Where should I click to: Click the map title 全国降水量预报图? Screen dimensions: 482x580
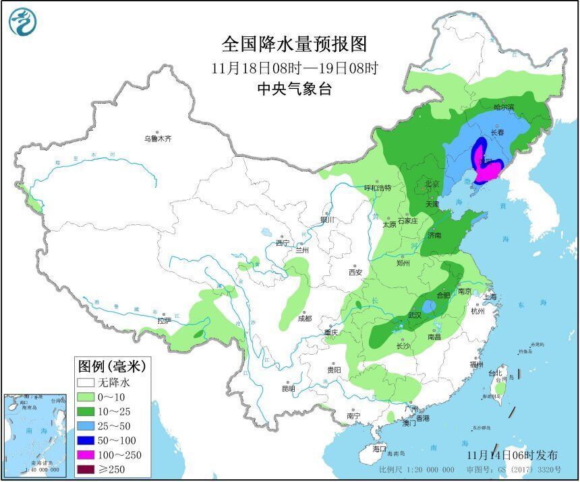tap(295, 44)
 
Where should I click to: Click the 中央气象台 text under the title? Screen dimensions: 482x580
tap(295, 89)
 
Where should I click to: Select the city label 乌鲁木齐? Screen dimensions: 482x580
tap(157, 139)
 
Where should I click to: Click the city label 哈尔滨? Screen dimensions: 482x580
tap(503, 107)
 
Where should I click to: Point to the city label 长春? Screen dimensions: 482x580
tap(497, 133)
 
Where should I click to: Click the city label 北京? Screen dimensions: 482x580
tap(432, 184)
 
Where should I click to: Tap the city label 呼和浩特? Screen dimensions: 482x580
tap(378, 188)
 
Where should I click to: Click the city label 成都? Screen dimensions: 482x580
tap(306, 319)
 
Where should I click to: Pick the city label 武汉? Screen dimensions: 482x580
tap(414, 315)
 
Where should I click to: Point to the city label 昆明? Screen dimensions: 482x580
tap(289, 388)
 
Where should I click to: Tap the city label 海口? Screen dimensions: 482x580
tap(380, 448)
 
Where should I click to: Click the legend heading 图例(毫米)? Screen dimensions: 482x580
tap(112, 367)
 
